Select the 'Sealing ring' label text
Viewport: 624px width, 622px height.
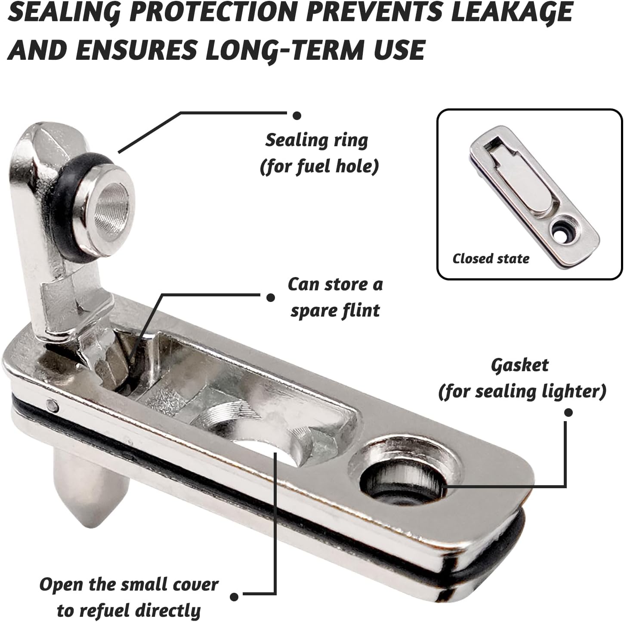click(317, 141)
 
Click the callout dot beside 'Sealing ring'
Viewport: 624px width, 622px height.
click(297, 115)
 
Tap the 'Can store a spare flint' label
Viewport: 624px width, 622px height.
click(335, 297)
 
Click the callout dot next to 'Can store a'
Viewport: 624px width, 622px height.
click(271, 297)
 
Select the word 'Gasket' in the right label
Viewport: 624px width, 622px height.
click(519, 366)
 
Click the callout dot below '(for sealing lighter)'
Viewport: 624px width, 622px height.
click(568, 412)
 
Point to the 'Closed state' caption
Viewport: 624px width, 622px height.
click(491, 259)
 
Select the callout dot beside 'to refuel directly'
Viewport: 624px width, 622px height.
click(234, 597)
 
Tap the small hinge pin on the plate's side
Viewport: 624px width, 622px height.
click(52, 403)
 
